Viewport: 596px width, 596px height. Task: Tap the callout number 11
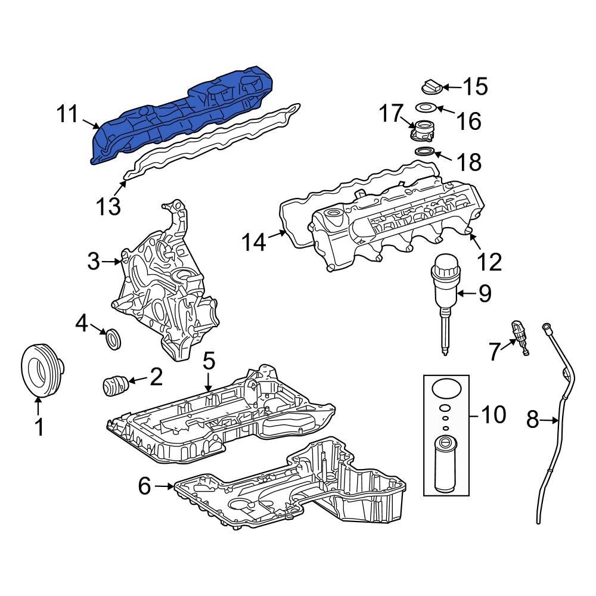pyautogui.click(x=68, y=114)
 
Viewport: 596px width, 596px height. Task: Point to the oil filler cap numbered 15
pyautogui.click(x=431, y=87)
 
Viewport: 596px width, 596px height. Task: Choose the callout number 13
pyautogui.click(x=110, y=206)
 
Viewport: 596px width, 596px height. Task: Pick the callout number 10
pyautogui.click(x=493, y=414)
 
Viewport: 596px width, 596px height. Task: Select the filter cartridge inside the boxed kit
pyautogui.click(x=445, y=463)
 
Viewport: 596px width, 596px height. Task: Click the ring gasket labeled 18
pyautogui.click(x=424, y=153)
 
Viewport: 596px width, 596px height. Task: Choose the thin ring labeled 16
pyautogui.click(x=424, y=108)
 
